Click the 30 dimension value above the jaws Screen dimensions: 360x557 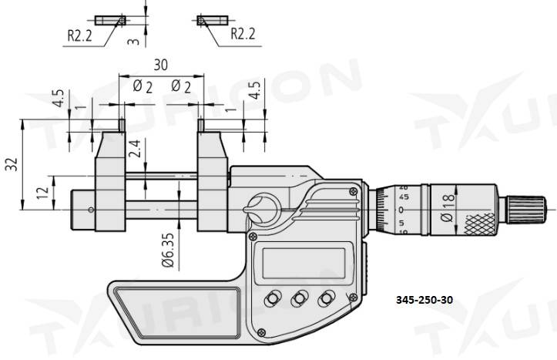162,65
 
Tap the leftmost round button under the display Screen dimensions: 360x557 273,298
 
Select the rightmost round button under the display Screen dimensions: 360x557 327,298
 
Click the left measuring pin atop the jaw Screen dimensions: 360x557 121,124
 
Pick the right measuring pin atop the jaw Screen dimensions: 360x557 201,124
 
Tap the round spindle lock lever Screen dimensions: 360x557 262,207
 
